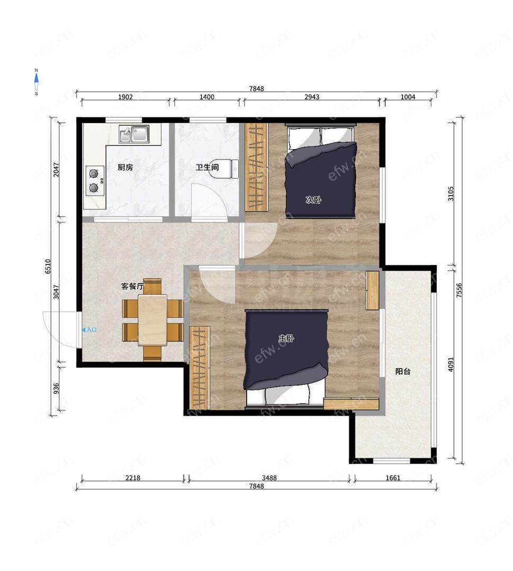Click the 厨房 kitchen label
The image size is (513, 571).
point(125,168)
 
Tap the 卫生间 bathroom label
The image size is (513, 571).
point(207,168)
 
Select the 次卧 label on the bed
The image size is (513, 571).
point(313,199)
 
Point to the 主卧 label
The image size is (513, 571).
point(286,338)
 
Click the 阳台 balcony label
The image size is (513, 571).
point(403,372)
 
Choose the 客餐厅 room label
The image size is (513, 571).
point(132,287)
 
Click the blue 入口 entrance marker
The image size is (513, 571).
point(89,330)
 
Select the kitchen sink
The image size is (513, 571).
point(134,134)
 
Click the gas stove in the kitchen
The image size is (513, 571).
point(95,181)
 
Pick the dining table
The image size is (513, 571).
point(152,319)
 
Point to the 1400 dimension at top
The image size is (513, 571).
point(206,97)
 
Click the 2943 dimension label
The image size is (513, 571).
point(312,97)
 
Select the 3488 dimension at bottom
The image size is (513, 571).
point(269,478)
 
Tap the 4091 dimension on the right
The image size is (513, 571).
point(451,364)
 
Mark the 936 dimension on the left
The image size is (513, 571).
point(56,389)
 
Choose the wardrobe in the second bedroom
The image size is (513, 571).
point(256,167)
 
